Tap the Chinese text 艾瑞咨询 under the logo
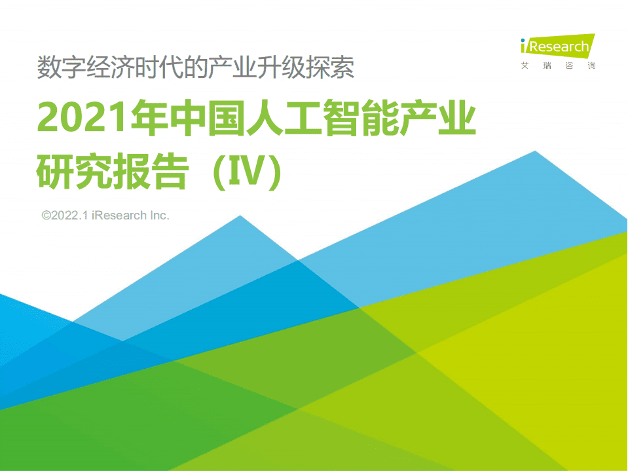click(x=558, y=66)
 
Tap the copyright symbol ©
click(x=46, y=215)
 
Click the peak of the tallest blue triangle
click(x=536, y=152)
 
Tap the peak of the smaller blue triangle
click(x=240, y=216)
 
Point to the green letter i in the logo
click(x=524, y=47)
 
